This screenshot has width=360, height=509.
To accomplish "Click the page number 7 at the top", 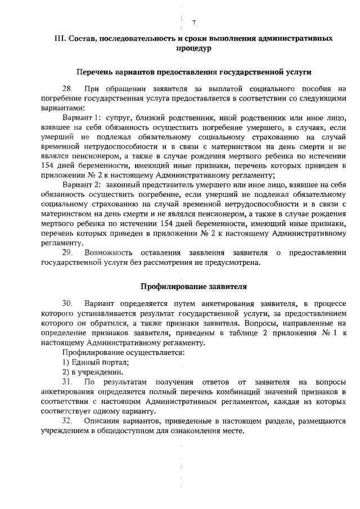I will [x=193, y=22].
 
